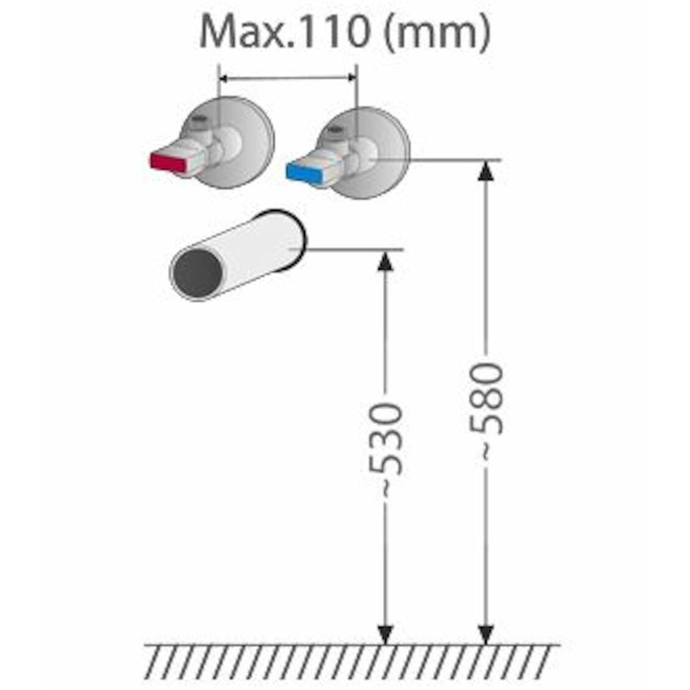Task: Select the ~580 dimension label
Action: pyautogui.click(x=486, y=408)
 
